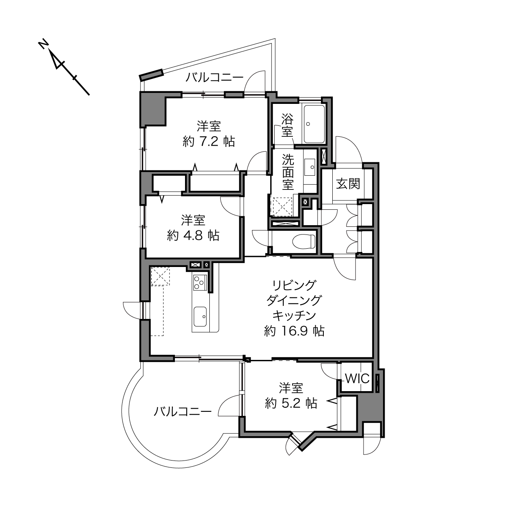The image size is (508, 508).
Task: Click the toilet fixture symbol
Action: point(304,241)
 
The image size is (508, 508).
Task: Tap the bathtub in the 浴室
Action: point(314,124)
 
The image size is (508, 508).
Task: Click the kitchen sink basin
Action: point(200,316)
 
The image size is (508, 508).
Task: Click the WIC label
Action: point(357,379)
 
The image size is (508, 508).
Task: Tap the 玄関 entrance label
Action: point(348,184)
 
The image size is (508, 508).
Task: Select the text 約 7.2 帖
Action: point(209,142)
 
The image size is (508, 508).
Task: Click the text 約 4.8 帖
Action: point(193,235)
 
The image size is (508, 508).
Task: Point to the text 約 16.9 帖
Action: point(294,331)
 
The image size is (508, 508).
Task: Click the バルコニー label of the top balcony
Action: point(214,77)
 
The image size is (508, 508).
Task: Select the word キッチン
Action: point(294,315)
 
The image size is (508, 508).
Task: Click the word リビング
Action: point(294,285)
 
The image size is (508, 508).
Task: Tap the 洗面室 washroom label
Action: point(288,172)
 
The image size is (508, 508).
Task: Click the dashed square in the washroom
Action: point(282,207)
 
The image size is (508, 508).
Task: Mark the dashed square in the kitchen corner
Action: point(160,276)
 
